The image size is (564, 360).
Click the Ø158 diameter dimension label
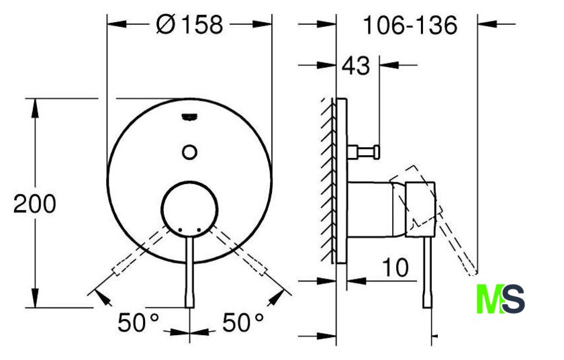tap(190, 25)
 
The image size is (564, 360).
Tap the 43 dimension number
tap(355, 66)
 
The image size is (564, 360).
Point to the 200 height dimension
tap(35, 204)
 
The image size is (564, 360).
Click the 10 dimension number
tap(395, 267)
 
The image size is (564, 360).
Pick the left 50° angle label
tap(138, 322)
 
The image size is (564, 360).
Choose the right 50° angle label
tap(243, 322)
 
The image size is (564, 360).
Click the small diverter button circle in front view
tap(189, 152)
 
